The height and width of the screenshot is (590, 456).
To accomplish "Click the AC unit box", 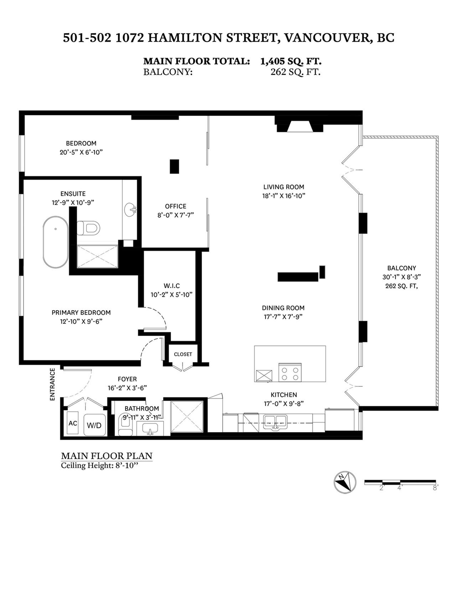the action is (x=73, y=423).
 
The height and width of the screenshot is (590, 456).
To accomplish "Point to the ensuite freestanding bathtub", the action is (x=55, y=242).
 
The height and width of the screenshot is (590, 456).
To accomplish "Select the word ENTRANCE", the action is (x=52, y=384).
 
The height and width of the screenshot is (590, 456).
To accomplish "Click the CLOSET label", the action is (x=183, y=354).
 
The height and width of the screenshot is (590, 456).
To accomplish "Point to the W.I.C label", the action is (x=171, y=286).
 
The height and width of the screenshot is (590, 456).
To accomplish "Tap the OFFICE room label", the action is (x=176, y=206).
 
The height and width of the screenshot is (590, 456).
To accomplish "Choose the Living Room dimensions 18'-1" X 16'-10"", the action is (x=284, y=196).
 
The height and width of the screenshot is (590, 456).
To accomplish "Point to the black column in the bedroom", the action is (x=174, y=166).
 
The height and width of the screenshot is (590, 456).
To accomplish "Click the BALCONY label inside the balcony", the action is (x=401, y=268).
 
